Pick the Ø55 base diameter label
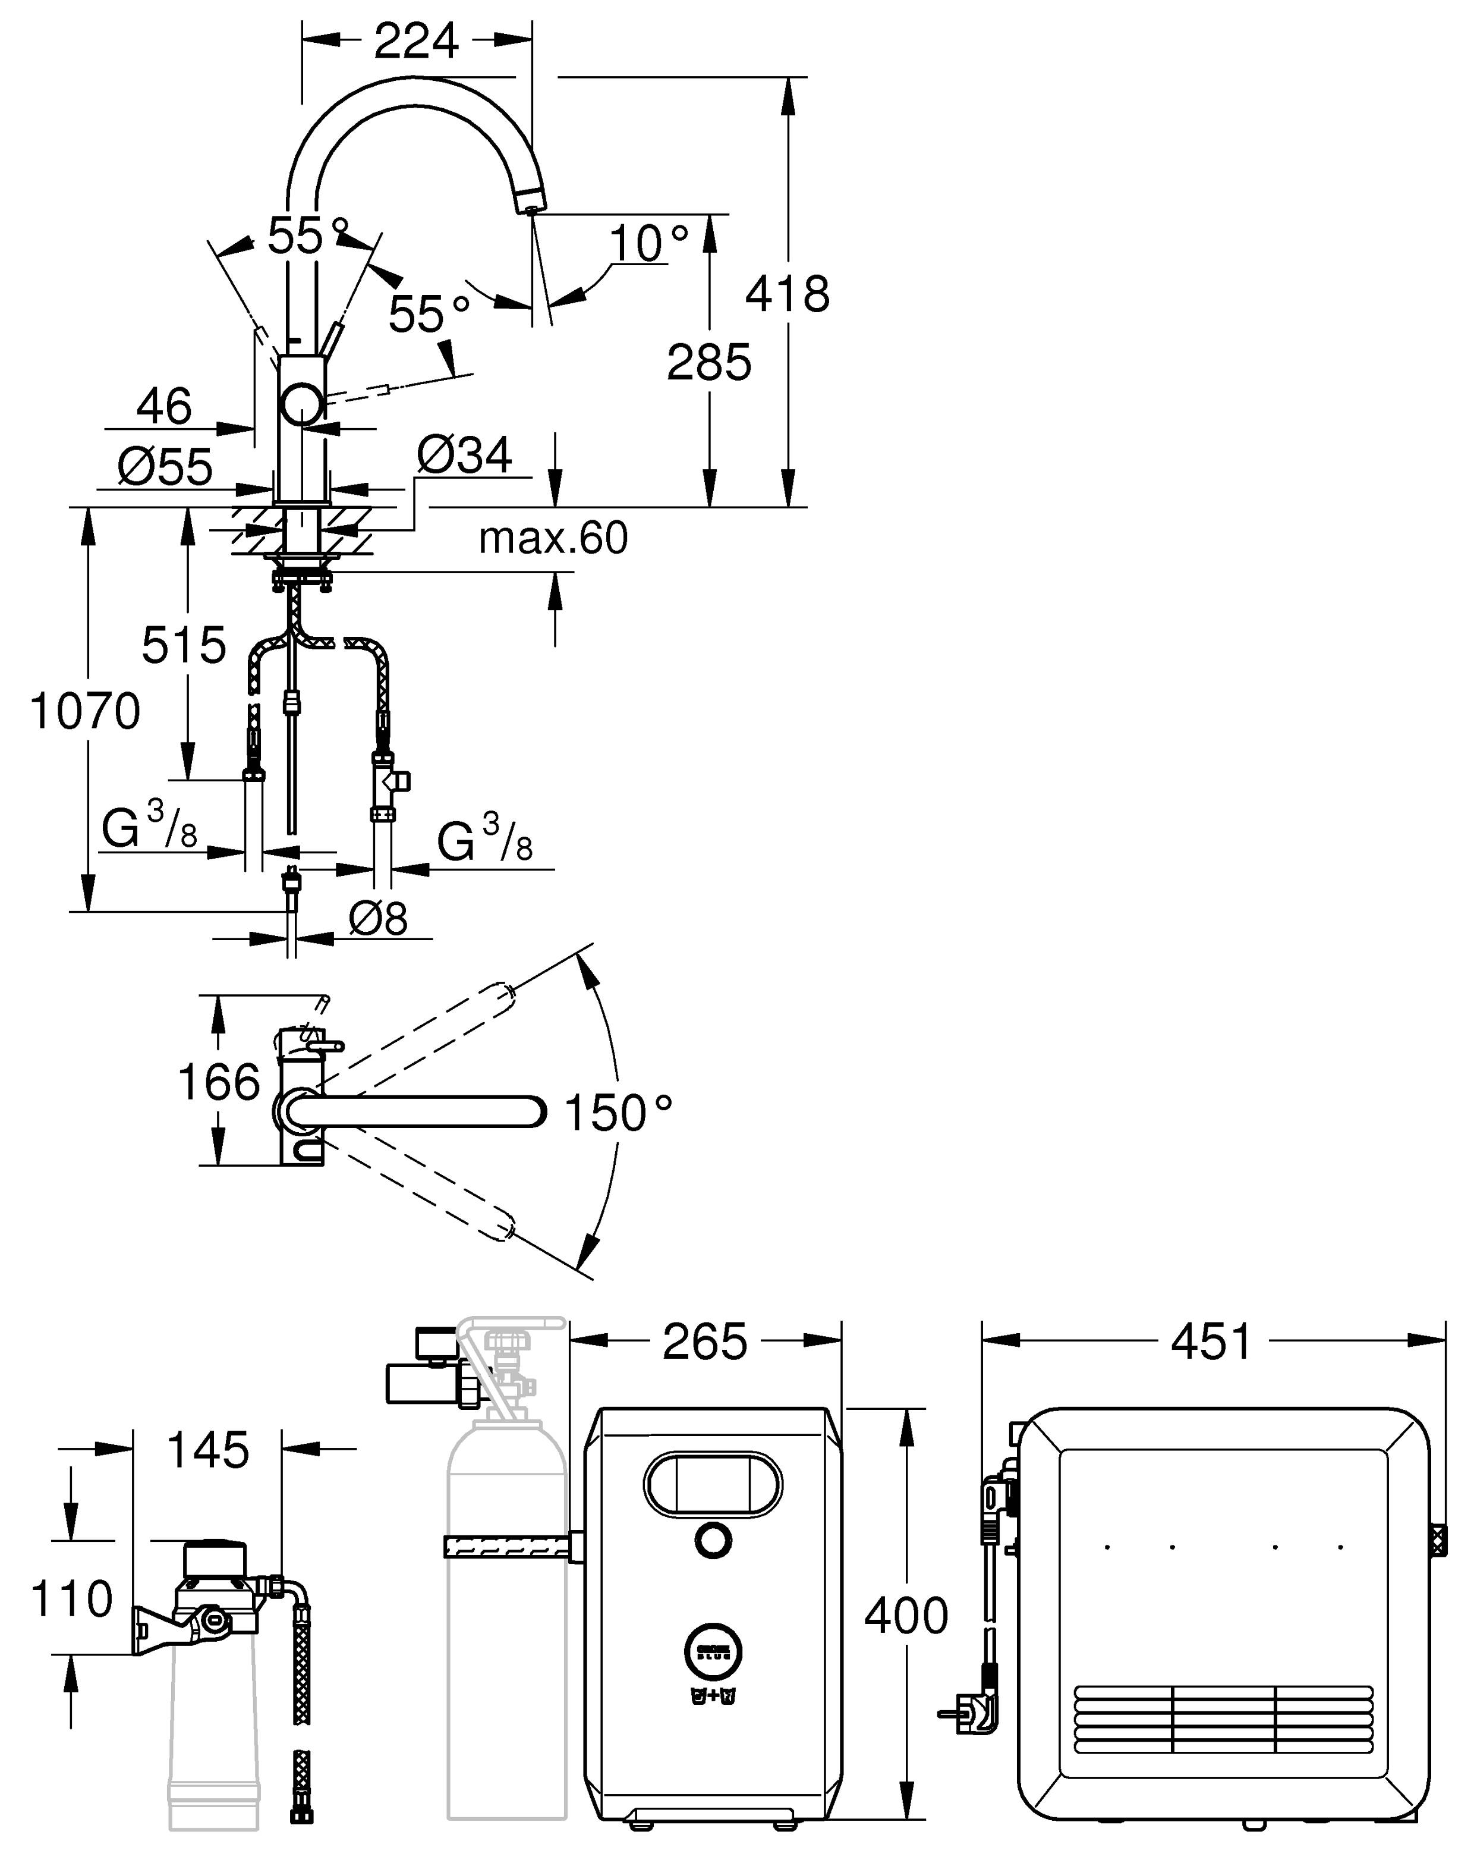coord(165,467)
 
